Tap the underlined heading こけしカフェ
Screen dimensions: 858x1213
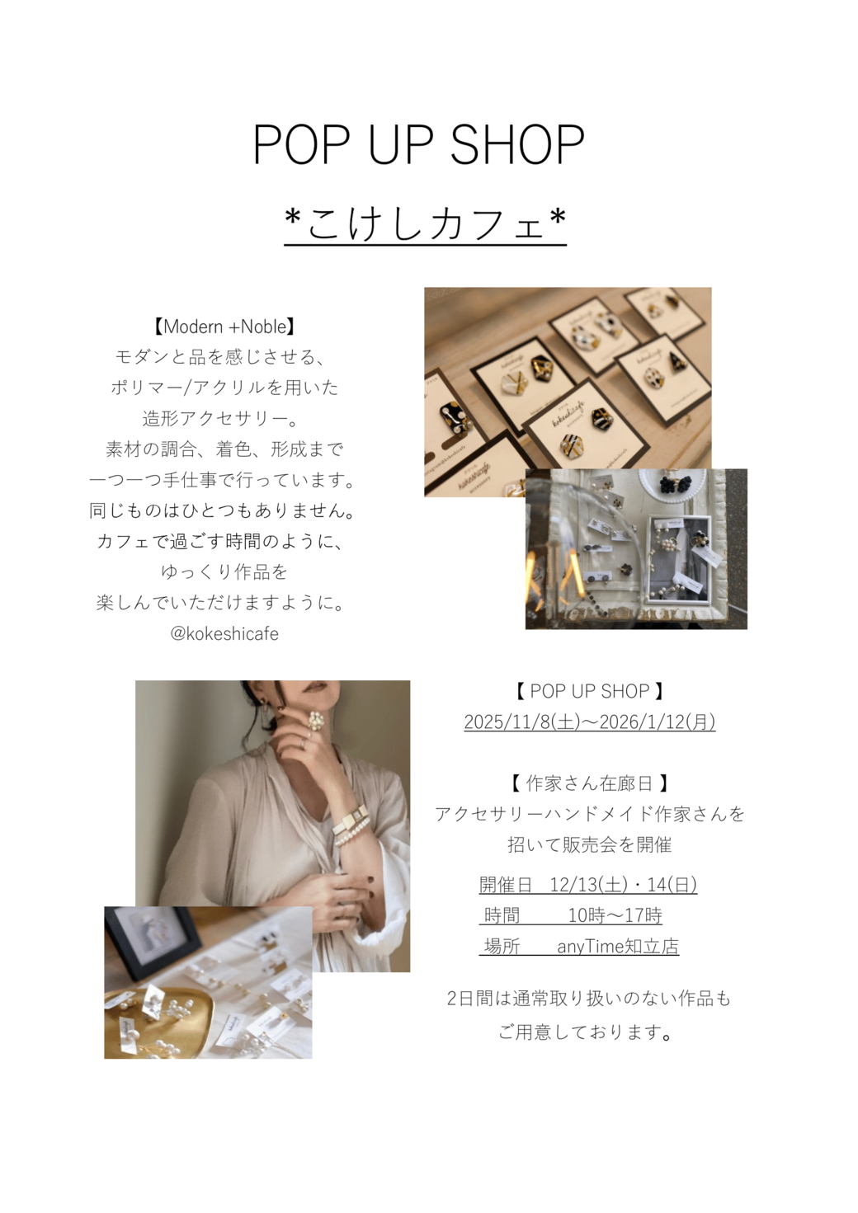(426, 223)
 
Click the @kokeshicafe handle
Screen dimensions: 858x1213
(224, 633)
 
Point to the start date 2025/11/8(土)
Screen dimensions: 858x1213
(522, 722)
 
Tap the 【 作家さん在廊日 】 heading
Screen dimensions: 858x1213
(589, 783)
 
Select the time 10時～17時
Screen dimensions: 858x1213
(615, 915)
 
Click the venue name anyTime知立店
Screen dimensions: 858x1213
(618, 946)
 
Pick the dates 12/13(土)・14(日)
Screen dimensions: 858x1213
(624, 885)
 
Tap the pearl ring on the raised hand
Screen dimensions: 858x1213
(317, 720)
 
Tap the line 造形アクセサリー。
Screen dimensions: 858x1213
(221, 419)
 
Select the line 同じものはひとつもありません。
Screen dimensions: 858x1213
(222, 510)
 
